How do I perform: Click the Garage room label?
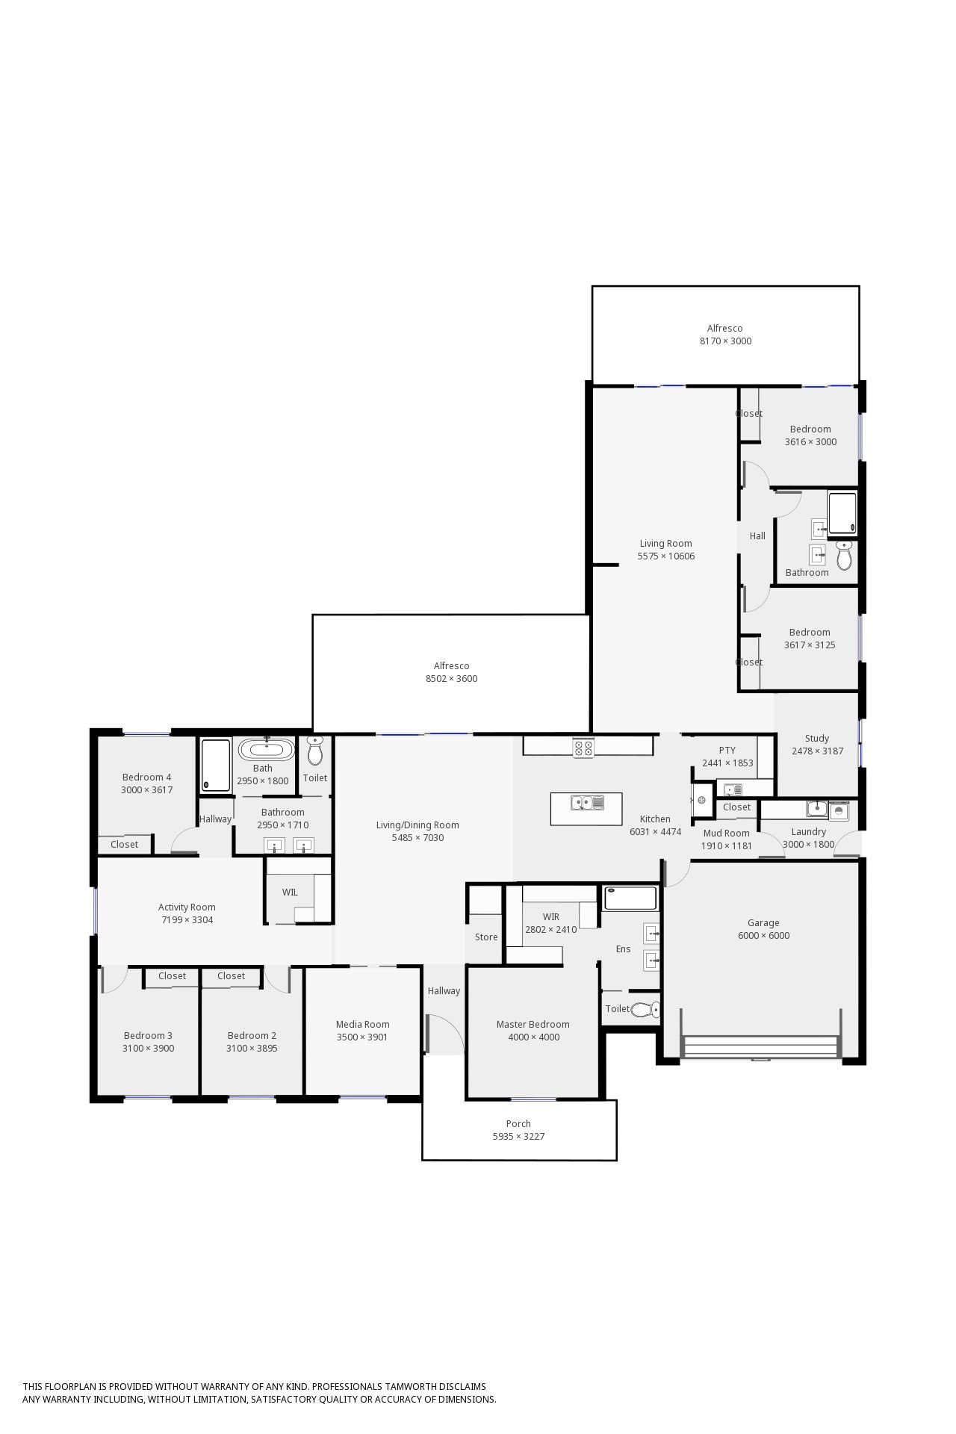pos(763,923)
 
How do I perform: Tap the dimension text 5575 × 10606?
pos(666,556)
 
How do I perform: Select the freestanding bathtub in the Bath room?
pos(266,749)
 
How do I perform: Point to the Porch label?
pos(518,1123)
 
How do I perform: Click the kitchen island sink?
pos(587,803)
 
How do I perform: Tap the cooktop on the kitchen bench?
pos(583,748)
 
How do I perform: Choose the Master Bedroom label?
pos(533,1024)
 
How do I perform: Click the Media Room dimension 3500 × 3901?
pos(362,1037)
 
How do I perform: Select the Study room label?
pos(817,738)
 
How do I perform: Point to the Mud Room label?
pos(727,834)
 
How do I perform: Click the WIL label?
pos(290,893)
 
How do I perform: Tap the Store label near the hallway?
pos(486,937)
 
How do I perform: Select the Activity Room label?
pos(187,907)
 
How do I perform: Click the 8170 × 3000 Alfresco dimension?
pos(726,341)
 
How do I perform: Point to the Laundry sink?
pos(817,809)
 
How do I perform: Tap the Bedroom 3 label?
pos(148,1036)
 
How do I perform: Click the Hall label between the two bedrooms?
pos(757,536)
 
